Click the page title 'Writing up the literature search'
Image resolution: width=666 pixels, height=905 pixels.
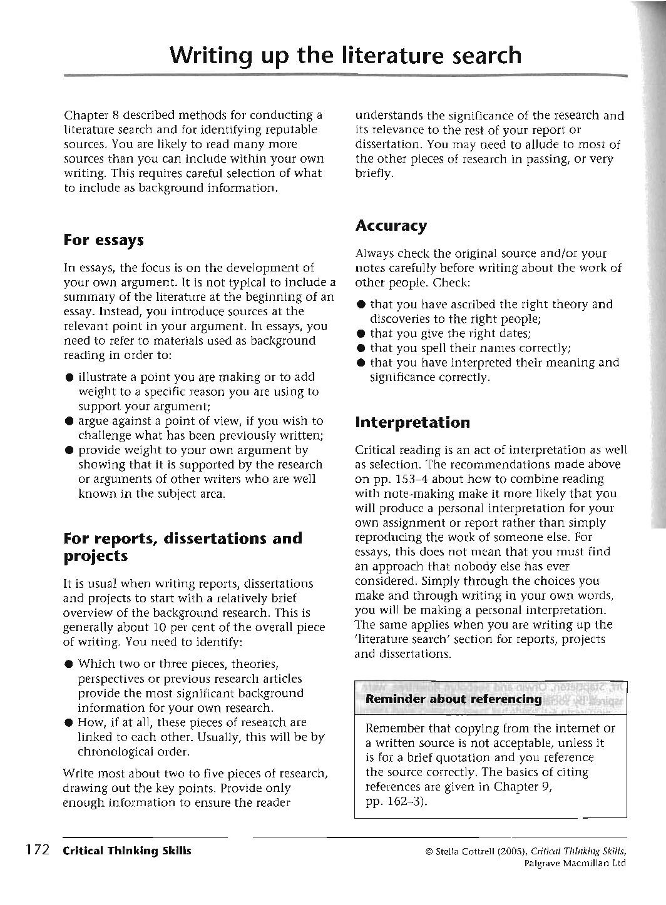pyautogui.click(x=345, y=55)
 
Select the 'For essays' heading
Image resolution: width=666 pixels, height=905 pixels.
pyautogui.click(x=104, y=240)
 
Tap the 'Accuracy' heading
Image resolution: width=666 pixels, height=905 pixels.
pyautogui.click(x=391, y=226)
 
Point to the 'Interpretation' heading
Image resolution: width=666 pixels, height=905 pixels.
pyautogui.click(x=412, y=422)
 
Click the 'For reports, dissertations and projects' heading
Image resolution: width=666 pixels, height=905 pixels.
pyautogui.click(x=183, y=547)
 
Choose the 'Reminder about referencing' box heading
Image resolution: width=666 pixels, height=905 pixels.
pyautogui.click(x=453, y=699)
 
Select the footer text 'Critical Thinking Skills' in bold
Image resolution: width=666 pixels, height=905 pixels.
pyautogui.click(x=126, y=851)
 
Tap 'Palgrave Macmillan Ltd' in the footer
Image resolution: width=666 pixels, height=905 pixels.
pyautogui.click(x=575, y=864)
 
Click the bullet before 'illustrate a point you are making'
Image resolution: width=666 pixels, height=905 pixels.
pyautogui.click(x=68, y=378)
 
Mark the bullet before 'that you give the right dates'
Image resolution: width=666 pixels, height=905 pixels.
pyautogui.click(x=361, y=334)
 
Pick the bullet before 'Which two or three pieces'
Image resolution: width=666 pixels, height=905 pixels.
pyautogui.click(x=68, y=665)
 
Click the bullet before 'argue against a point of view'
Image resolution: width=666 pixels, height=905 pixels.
pyautogui.click(x=68, y=422)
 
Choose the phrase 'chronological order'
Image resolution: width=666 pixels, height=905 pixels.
pyautogui.click(x=133, y=751)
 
